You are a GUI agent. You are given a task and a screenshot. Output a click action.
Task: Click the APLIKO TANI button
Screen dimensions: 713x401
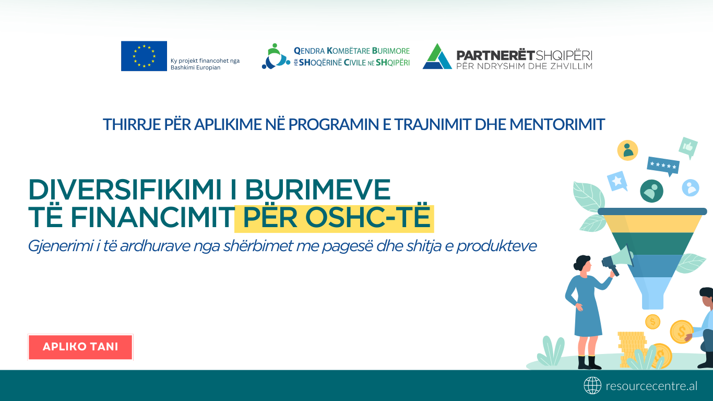click(80, 347)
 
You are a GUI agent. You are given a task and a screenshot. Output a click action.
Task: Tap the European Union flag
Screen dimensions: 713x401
click(144, 56)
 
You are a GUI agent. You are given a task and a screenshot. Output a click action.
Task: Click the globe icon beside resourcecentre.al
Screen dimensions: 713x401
click(592, 385)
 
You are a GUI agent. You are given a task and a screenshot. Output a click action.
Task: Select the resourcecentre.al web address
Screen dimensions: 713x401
click(651, 386)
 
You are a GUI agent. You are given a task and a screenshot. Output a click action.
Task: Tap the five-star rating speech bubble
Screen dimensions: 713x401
click(663, 166)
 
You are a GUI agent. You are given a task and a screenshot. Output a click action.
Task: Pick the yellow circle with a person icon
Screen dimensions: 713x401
click(628, 150)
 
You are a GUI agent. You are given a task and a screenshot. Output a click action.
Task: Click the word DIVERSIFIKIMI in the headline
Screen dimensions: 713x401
click(124, 190)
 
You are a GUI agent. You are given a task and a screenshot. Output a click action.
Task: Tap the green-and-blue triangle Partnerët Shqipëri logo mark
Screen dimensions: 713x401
click(437, 56)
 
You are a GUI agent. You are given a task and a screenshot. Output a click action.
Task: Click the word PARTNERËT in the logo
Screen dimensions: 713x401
click(495, 55)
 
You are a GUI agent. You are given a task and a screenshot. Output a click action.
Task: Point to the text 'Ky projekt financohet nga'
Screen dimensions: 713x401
click(205, 61)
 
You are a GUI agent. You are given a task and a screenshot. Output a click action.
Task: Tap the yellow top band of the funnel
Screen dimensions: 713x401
click(652, 223)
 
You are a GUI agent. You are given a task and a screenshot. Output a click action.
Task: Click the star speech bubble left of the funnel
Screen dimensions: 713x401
click(617, 181)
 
